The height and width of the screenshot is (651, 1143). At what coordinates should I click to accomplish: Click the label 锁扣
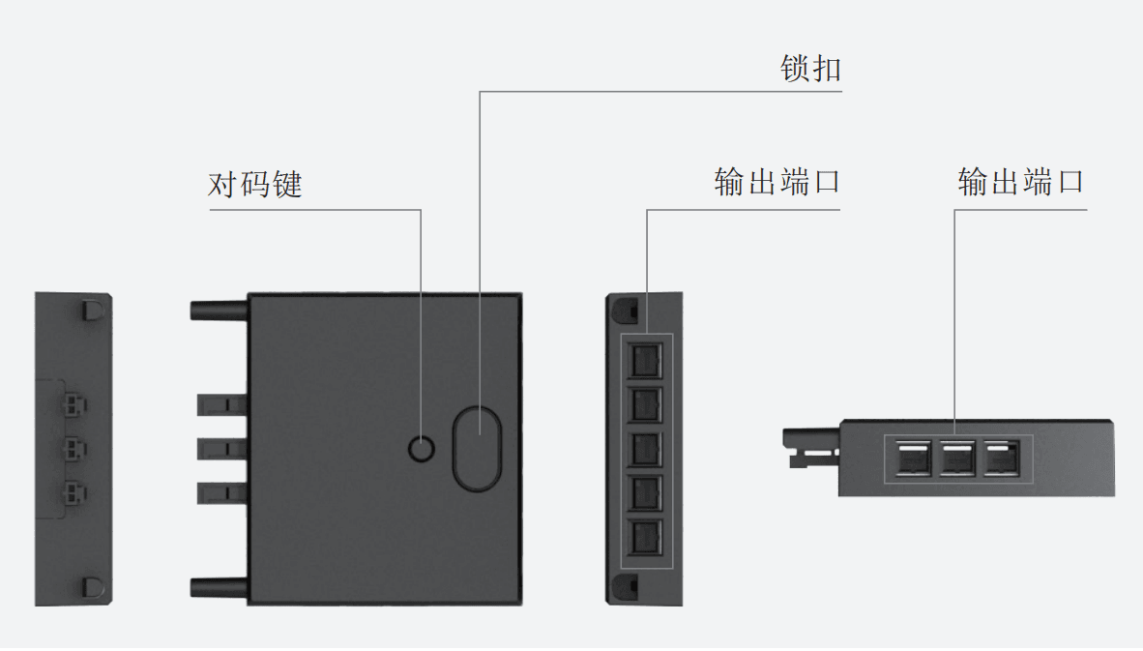click(810, 69)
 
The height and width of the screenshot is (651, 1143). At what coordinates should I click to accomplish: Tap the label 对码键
click(255, 185)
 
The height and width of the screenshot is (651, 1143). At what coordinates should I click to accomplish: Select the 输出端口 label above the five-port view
click(777, 182)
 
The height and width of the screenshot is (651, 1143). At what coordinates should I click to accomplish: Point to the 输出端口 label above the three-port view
click(1020, 182)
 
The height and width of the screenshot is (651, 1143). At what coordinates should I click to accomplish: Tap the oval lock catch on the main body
click(477, 447)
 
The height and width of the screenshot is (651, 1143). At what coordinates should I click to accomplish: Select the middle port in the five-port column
click(645, 448)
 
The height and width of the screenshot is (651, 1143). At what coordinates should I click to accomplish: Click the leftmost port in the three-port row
click(914, 459)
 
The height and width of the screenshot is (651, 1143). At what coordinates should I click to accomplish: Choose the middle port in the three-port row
click(957, 459)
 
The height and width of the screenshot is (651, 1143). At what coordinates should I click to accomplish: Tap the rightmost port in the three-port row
click(1001, 459)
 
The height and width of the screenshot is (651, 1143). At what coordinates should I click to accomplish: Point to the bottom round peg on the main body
click(220, 586)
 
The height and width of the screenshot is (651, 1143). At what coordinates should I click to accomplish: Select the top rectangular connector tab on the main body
click(222, 403)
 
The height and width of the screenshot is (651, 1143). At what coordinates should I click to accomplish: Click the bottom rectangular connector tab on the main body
click(222, 492)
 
